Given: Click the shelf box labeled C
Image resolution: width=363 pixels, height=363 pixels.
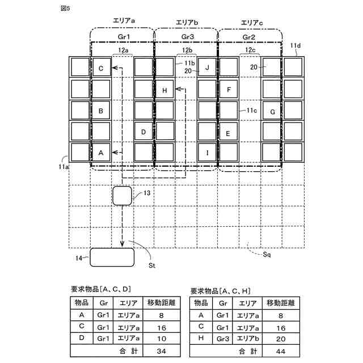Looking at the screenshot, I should click(x=101, y=69).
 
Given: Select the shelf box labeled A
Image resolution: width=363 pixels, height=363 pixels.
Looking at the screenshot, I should click(x=101, y=153).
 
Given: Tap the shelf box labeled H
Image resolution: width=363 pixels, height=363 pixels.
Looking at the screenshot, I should click(x=165, y=90).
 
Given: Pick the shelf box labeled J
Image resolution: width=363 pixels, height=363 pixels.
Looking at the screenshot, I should click(x=208, y=69).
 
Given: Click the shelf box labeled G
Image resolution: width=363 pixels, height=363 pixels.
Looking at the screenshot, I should click(x=272, y=111).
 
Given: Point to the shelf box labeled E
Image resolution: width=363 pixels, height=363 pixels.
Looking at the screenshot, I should click(x=229, y=133).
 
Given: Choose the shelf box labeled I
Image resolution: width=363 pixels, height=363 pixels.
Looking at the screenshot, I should click(x=208, y=153).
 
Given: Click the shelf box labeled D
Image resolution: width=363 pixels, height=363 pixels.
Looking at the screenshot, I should click(x=143, y=132).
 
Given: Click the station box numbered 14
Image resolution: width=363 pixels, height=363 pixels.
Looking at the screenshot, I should click(x=112, y=257).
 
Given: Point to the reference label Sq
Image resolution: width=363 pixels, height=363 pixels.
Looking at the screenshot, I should click(x=267, y=255).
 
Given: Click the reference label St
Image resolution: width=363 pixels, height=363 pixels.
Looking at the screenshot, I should click(x=152, y=264).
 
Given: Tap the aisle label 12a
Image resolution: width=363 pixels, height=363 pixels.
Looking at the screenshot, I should click(x=123, y=50).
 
